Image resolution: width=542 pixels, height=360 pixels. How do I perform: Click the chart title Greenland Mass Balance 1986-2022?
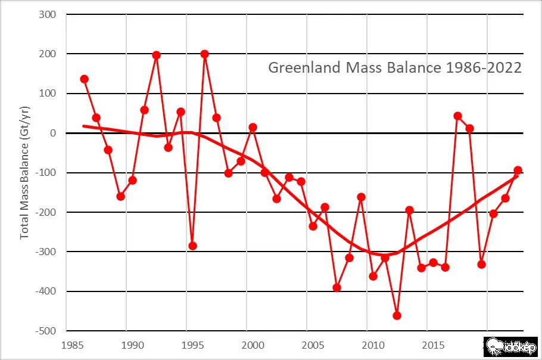(395, 67)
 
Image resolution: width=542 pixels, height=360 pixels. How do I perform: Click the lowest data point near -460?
(397, 315)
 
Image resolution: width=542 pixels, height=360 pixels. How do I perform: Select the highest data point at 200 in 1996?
(205, 54)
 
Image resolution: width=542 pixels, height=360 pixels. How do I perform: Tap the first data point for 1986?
(85, 79)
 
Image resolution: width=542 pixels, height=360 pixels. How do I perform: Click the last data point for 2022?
(518, 170)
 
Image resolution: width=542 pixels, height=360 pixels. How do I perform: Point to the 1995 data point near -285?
(193, 246)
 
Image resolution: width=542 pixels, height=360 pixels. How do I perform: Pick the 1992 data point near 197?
(157, 55)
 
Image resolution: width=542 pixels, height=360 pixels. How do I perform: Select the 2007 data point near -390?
(337, 287)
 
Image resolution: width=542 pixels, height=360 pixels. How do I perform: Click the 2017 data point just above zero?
(457, 116)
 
